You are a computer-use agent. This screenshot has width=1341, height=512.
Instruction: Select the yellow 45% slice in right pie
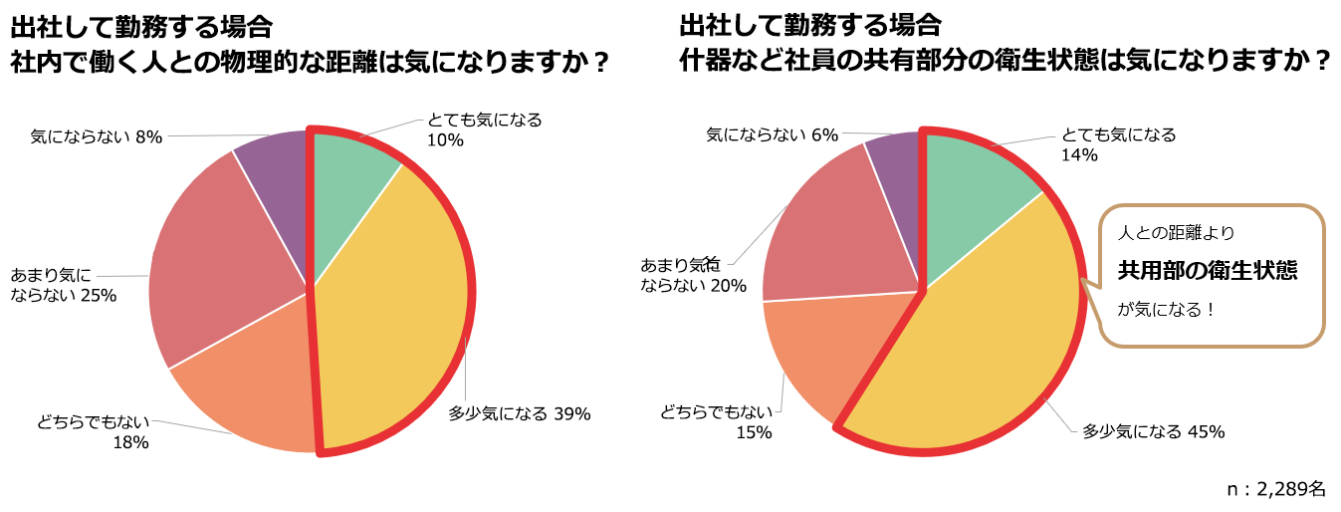996,349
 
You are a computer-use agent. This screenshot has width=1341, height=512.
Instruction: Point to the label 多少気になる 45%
1153,431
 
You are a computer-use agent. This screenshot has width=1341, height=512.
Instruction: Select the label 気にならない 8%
96,135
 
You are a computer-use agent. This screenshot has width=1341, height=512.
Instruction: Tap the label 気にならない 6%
772,134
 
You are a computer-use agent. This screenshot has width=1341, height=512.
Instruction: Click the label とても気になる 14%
1118,144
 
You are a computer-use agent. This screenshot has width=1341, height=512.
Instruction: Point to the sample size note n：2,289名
1276,489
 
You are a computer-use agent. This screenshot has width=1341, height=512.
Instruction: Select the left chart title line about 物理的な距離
310,62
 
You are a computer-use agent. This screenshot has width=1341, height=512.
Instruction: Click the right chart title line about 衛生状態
1006,62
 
